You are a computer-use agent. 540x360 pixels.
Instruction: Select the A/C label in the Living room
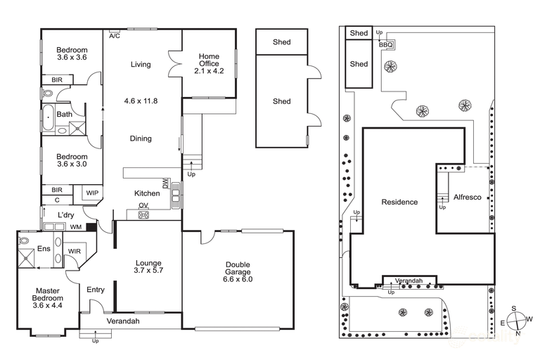(114, 34)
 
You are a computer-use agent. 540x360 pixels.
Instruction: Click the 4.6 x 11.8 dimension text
(141, 101)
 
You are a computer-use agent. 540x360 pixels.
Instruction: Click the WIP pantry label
(92, 193)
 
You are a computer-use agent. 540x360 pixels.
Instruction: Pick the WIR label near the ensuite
(75, 251)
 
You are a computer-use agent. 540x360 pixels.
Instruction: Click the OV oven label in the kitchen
(143, 206)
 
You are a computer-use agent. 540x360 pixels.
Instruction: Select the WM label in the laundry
(75, 227)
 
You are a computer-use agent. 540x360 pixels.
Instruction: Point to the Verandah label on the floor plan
(123, 321)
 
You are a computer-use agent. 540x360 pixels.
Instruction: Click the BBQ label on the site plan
(386, 45)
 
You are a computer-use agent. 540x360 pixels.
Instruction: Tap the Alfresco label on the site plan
(467, 198)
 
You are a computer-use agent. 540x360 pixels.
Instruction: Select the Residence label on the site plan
(399, 202)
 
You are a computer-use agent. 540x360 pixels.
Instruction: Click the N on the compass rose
(517, 333)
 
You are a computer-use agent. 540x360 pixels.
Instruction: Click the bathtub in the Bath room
(48, 119)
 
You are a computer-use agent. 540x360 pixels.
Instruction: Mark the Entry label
(95, 290)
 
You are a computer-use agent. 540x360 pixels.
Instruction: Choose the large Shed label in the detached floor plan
(281, 101)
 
